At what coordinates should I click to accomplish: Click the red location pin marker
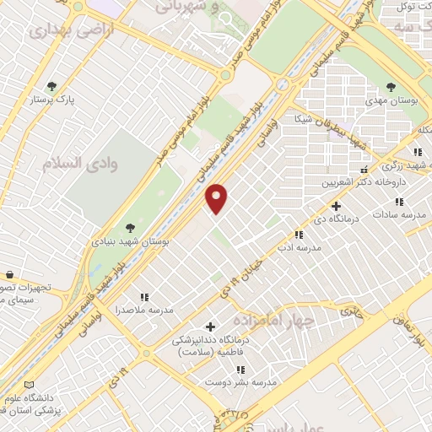point(217,197)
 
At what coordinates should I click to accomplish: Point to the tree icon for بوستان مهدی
point(391,86)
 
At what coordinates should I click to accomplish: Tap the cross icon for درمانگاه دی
point(336,206)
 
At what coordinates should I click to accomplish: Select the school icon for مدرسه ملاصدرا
point(144,296)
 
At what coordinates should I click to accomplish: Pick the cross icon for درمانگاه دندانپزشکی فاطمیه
point(210,326)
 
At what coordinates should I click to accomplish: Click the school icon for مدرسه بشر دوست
point(240,369)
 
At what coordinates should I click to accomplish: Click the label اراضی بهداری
point(59,32)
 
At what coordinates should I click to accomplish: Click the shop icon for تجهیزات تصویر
point(8,275)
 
